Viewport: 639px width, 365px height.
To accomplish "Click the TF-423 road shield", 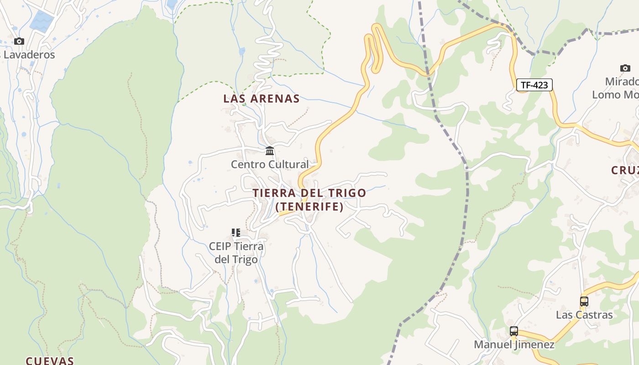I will coord(534,85).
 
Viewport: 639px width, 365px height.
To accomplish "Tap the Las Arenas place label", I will coord(262,99).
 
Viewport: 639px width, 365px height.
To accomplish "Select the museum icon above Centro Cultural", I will coord(270,151).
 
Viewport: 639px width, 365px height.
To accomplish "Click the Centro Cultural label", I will coord(270,164).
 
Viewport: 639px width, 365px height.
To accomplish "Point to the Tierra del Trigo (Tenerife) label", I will coord(309,199).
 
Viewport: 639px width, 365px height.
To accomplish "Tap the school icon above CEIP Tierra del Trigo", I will coord(236,233).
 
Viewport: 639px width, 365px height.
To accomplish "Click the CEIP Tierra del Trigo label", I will coord(236,253).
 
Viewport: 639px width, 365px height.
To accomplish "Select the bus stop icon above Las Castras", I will coord(584,301).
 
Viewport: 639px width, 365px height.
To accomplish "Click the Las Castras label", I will coord(584,315).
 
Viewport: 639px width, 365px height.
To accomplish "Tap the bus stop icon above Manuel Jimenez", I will coord(514,331).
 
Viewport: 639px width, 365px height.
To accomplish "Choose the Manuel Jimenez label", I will coord(514,344).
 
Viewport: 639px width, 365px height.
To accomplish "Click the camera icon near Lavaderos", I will coord(19,42).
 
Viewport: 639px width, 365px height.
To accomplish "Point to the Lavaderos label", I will coord(28,55).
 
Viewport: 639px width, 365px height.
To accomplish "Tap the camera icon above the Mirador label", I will coord(625,68).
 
